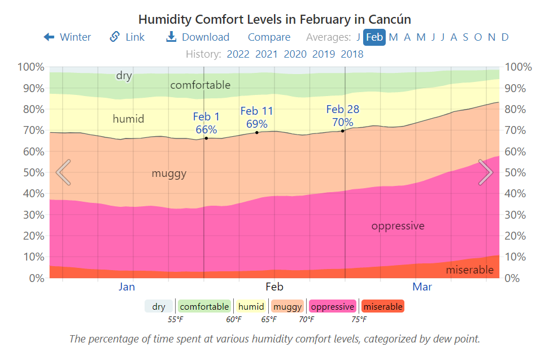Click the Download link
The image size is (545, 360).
198,37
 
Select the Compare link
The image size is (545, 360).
269,37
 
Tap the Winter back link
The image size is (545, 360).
67,37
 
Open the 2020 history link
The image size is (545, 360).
295,54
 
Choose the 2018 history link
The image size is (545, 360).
352,54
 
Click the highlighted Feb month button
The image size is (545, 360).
374,37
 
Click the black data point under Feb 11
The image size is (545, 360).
257,132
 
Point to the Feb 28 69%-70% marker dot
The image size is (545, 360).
343,131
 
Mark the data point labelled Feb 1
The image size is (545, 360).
206,138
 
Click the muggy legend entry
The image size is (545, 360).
287,307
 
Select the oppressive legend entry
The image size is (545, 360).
332,307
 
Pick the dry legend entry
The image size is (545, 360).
159,307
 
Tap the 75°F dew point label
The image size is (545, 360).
359,320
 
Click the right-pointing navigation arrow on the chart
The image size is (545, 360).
486,172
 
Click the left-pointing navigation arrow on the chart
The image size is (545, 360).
63,172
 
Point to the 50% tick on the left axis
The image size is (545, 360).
31,172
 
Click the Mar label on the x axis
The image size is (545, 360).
422,287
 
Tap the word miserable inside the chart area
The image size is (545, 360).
469,270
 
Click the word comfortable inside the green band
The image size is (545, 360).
200,85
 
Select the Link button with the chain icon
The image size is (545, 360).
127,37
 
